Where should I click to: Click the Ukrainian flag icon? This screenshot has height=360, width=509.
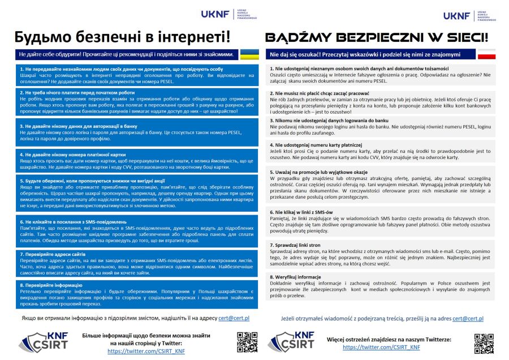(x=249, y=54)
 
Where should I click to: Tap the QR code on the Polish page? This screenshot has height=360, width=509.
(x=484, y=343)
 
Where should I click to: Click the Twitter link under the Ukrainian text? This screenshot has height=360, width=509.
(x=146, y=352)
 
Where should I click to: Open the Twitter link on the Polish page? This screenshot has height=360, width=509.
(x=381, y=347)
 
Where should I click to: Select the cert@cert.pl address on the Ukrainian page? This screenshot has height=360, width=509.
(x=238, y=319)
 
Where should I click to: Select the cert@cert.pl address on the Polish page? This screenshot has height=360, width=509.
(x=468, y=319)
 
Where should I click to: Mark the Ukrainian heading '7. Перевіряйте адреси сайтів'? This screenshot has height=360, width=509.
(x=54, y=254)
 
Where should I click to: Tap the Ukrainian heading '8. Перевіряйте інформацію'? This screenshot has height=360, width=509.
(x=50, y=285)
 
